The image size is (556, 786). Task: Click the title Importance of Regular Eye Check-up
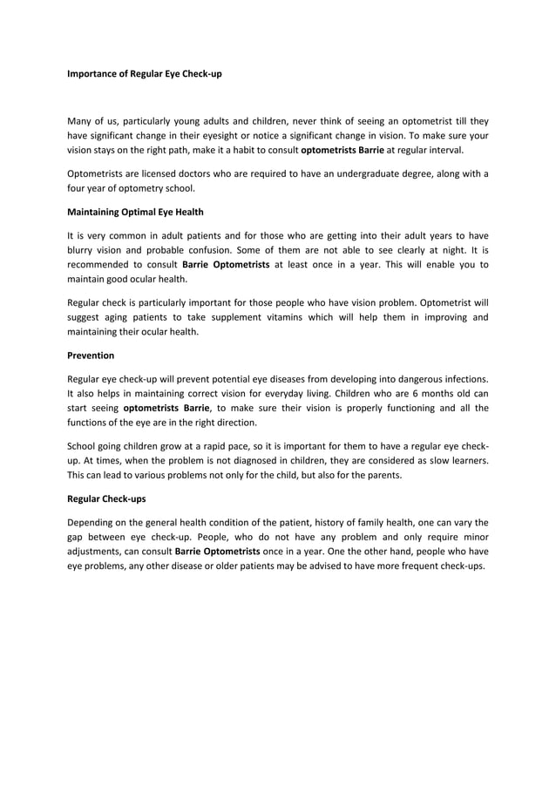(x=145, y=74)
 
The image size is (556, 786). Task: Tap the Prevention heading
(x=91, y=356)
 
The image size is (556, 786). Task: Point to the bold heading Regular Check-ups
(x=106, y=500)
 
